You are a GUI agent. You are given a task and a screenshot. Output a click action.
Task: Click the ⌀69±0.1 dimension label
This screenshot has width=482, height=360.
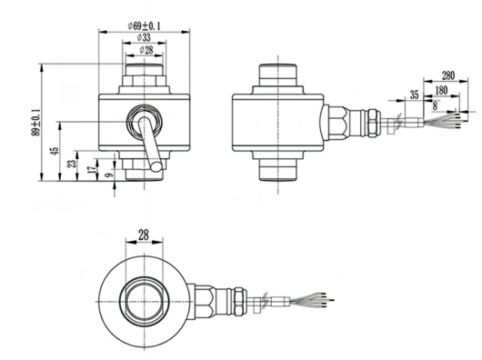click(x=145, y=25)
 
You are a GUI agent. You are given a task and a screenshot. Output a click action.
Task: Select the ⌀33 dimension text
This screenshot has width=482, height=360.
click(x=144, y=37)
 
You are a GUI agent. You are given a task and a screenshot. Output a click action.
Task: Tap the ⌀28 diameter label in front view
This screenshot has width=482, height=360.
click(x=146, y=50)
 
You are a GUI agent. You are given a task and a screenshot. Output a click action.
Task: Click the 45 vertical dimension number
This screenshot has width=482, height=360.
click(x=54, y=151)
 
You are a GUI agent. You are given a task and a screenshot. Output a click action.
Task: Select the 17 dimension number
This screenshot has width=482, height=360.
click(x=91, y=170)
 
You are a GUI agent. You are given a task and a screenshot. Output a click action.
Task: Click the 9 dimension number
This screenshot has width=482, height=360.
click(x=108, y=175)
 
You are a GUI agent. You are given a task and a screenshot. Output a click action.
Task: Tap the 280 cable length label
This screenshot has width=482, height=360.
click(x=447, y=75)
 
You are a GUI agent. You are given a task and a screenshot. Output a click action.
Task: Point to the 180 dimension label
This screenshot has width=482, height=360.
click(x=441, y=90)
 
